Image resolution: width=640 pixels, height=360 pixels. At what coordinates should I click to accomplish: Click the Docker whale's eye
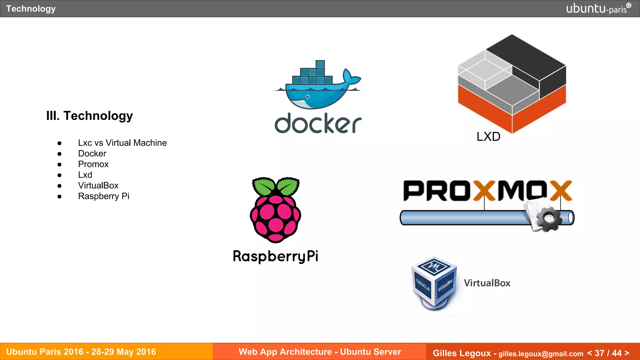click(x=307, y=97)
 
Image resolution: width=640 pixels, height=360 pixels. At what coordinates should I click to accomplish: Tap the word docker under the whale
click(x=318, y=124)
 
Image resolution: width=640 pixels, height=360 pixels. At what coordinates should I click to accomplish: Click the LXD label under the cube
click(x=488, y=137)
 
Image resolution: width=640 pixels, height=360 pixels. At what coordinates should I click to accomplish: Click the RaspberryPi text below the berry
click(x=275, y=256)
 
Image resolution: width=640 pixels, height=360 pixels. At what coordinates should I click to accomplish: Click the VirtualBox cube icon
click(x=434, y=283)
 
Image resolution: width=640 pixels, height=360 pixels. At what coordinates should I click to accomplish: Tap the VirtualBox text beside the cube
click(x=487, y=283)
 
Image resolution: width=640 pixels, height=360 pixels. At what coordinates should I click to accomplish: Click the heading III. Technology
click(x=89, y=116)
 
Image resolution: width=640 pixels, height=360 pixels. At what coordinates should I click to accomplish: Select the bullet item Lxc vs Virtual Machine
click(x=122, y=143)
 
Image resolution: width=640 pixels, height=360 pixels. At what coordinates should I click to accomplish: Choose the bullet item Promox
click(x=93, y=164)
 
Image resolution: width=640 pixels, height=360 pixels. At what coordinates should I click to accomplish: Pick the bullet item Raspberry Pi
click(x=103, y=196)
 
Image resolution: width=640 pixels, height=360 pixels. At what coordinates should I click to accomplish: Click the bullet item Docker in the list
click(x=92, y=153)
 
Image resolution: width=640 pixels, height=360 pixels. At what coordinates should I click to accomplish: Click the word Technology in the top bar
click(x=31, y=9)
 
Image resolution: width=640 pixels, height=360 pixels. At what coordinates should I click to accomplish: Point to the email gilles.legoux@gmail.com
click(x=541, y=354)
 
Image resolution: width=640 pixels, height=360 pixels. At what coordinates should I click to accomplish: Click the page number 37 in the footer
click(x=599, y=353)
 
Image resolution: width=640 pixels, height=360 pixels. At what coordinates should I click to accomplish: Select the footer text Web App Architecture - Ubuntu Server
click(x=320, y=352)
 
